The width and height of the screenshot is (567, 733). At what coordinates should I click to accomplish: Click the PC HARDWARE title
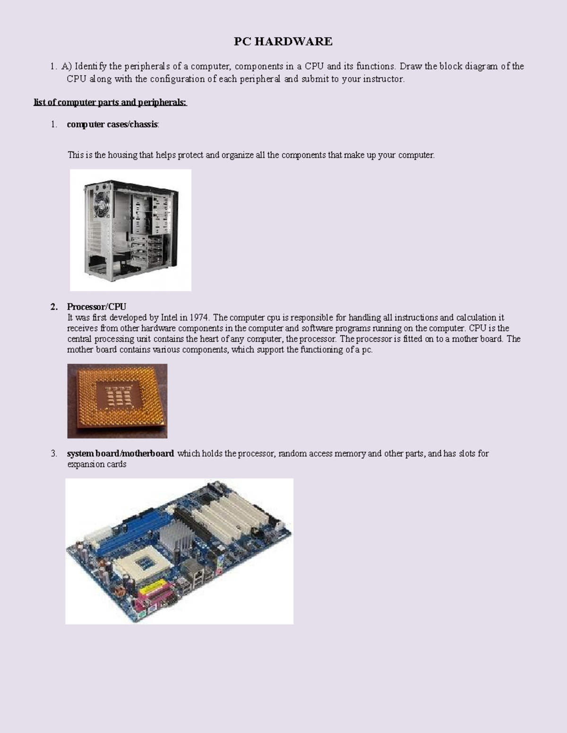coord(283,42)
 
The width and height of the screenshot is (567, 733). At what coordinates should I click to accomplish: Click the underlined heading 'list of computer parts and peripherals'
coord(110,102)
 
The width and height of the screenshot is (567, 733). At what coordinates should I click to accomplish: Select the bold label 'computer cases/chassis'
coord(112,125)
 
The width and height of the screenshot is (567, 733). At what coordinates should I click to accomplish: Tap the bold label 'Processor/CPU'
coord(96,307)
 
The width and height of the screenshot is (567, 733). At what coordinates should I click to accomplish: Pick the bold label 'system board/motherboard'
coord(120,454)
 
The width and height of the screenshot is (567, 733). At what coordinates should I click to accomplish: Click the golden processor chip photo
coord(117,400)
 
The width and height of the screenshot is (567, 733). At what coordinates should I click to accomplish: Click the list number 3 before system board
coord(54,454)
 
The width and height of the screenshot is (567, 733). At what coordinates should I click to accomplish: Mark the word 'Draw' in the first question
coord(410,66)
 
